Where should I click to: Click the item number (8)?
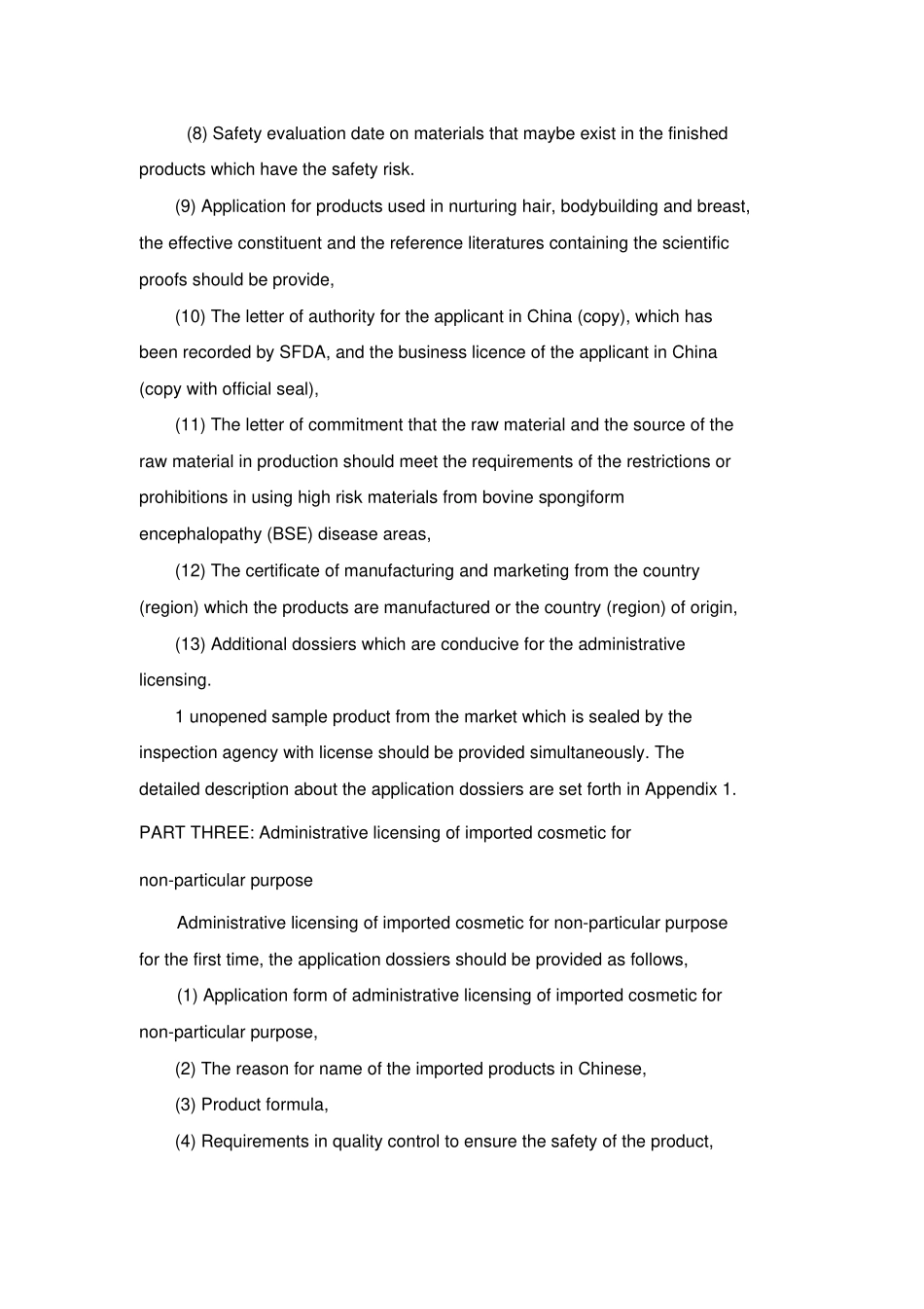pyautogui.click(x=196, y=133)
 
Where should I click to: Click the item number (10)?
pyautogui.click(x=191, y=316)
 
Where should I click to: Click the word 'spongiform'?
pyautogui.click(x=582, y=497)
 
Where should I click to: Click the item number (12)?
pyautogui.click(x=191, y=571)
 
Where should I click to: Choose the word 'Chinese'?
pyautogui.click(x=610, y=1069)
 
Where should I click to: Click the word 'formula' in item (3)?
pyautogui.click(x=297, y=1105)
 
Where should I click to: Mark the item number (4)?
pyautogui.click(x=186, y=1142)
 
